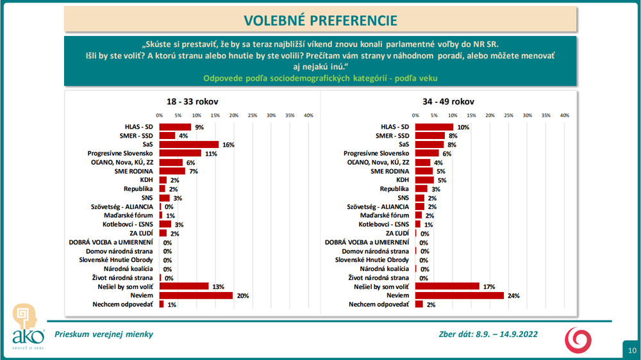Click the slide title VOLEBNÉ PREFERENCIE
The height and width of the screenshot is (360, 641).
pyautogui.click(x=319, y=20)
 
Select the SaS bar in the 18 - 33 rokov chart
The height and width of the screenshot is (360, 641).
pyautogui.click(x=189, y=145)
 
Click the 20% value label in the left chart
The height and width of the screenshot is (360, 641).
pyautogui.click(x=242, y=295)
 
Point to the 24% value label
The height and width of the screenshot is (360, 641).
pyautogui.click(x=513, y=295)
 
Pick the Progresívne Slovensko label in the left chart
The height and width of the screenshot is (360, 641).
pyautogui.click(x=120, y=154)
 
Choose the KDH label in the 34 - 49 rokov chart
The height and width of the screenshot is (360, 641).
pyautogui.click(x=401, y=181)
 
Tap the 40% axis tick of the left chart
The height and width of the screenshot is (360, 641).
pyautogui.click(x=308, y=115)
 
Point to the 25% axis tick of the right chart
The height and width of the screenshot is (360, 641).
pyautogui.click(x=509, y=115)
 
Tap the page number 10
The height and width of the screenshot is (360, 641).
pyautogui.click(x=632, y=350)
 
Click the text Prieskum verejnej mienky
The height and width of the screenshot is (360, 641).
pyautogui.click(x=104, y=334)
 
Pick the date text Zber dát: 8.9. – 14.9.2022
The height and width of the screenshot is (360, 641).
pyautogui.click(x=488, y=334)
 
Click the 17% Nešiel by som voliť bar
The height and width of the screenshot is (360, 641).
pyautogui.click(x=447, y=286)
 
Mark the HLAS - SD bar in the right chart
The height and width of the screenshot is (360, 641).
pyautogui.click(x=434, y=127)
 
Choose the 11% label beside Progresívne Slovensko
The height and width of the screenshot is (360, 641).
pyautogui.click(x=210, y=154)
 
